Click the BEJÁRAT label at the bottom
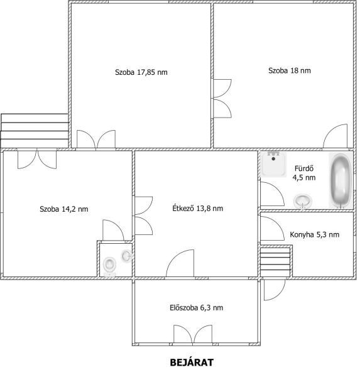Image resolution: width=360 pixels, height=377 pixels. tap(192, 363)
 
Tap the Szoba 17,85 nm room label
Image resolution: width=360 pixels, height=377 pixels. tap(141, 72)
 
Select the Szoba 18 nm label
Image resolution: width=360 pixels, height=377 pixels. tap(289, 70)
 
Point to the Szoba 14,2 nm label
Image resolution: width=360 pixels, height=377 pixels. tap(63, 209)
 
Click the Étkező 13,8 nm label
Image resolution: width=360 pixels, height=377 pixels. tap(197, 208)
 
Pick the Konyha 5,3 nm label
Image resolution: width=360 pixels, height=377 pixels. tap(314, 234)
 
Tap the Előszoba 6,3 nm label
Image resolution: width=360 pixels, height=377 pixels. tap(196, 307)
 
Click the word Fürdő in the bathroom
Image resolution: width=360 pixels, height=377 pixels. tap(304, 168)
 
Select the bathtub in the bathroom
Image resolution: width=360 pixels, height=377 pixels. tap(341, 180)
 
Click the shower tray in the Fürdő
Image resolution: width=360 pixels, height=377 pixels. tap(273, 164)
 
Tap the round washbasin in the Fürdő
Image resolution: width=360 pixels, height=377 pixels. tap(303, 201)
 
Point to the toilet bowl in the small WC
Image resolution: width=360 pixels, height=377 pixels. tap(109, 265)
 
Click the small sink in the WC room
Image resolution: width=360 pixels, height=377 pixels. tap(126, 256)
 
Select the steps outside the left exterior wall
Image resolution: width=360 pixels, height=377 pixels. tap(35, 131)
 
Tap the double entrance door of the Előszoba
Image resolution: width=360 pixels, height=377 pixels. tap(193, 334)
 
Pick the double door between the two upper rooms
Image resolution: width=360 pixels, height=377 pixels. tap(222, 99)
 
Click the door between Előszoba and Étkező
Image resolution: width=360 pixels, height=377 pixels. tap(180, 263)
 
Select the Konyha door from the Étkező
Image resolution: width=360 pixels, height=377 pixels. tap(273, 228)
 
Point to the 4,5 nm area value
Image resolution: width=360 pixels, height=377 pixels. tap(304, 178)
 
